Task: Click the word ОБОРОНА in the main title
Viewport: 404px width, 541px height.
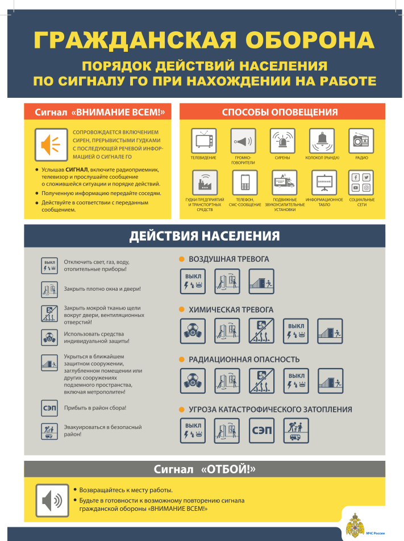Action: (310, 40)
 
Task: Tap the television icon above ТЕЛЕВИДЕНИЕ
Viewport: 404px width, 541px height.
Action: (204, 141)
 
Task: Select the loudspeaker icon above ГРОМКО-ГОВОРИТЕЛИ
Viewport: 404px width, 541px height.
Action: (243, 141)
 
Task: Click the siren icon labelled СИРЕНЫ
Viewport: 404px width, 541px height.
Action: (282, 141)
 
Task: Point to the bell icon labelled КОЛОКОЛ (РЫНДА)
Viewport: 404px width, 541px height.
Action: (322, 141)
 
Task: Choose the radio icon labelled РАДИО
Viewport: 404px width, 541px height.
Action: (361, 141)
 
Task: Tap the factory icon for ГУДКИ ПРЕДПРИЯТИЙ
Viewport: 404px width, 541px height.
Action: (205, 183)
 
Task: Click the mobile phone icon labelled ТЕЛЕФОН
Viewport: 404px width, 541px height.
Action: (245, 183)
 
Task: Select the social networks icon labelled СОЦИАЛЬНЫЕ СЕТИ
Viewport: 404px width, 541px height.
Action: (361, 183)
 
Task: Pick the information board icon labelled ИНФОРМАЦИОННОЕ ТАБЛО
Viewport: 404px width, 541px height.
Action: (324, 183)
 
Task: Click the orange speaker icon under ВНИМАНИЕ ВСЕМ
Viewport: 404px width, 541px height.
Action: (51, 144)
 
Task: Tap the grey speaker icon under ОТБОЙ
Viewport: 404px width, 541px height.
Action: (52, 500)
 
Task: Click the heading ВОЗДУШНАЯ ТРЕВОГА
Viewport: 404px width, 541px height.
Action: (228, 259)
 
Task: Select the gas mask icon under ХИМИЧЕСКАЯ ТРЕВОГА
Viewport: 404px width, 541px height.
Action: (193, 331)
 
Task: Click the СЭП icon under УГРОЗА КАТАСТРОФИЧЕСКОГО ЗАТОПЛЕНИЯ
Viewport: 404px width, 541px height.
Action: (261, 430)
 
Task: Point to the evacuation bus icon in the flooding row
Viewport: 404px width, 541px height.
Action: (296, 430)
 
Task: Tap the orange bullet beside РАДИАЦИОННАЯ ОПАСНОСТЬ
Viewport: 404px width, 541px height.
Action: (182, 360)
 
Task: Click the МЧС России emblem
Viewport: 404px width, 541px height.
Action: (355, 526)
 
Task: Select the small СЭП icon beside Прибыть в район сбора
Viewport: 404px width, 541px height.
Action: (49, 408)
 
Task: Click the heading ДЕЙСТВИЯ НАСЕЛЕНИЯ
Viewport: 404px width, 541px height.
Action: (205, 236)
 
